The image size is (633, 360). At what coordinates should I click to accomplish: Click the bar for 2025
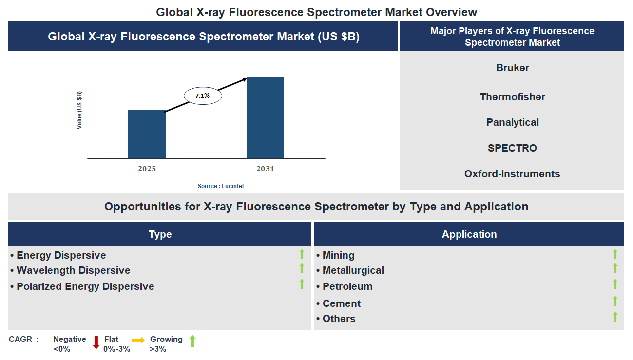[147, 134]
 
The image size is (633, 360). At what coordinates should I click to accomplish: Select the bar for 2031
[266, 117]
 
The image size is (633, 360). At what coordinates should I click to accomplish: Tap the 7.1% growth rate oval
[203, 96]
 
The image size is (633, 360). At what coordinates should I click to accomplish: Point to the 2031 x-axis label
[266, 169]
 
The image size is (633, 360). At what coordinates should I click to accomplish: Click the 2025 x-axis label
[147, 169]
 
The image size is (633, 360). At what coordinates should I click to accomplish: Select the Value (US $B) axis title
[79, 110]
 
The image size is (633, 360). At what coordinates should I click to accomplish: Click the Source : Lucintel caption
[221, 186]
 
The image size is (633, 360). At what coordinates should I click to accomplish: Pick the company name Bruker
[512, 68]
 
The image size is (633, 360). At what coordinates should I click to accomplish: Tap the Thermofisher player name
[512, 97]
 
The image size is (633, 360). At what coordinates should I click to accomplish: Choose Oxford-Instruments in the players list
[512, 174]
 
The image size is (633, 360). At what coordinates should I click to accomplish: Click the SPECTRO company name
[512, 148]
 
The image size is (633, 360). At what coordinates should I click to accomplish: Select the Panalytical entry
[512, 122]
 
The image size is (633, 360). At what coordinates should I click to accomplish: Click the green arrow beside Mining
[615, 254]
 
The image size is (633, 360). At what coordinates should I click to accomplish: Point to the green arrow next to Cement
[615, 302]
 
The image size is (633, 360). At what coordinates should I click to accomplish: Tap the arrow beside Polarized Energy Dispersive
[302, 284]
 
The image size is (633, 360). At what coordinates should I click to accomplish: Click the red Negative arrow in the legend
[96, 342]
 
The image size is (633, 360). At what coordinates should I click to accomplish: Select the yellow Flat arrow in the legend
[138, 341]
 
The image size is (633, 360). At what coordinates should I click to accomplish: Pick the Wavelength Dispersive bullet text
[73, 270]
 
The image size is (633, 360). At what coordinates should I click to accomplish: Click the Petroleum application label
[347, 286]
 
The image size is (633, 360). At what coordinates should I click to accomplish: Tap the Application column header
[469, 234]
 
